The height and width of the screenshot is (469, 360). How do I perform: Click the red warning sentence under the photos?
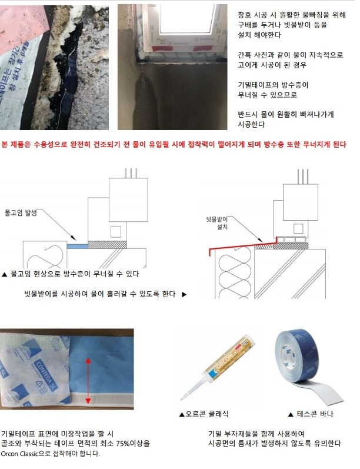174,145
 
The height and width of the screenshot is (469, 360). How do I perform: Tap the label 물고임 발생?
21,212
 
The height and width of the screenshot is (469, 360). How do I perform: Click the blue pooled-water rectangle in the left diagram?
77,246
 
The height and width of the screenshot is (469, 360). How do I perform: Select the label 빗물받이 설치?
217,223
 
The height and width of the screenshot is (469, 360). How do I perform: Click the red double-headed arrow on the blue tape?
88,381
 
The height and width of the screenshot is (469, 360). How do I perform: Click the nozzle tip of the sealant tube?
182,399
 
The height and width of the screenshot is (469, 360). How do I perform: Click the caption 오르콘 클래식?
204,414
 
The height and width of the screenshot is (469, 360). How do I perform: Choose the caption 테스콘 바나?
311,414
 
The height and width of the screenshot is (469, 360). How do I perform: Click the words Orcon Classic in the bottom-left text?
19,454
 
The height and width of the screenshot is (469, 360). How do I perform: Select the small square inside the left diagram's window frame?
116,232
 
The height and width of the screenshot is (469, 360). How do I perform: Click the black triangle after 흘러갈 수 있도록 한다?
184,294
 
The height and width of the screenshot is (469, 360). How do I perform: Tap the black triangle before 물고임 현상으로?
4,274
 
